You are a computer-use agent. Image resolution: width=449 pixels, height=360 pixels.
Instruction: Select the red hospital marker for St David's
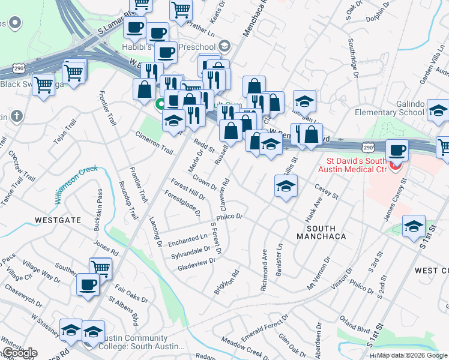point(394,166)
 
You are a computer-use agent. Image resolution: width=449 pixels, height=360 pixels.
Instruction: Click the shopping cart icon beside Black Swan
point(44,85)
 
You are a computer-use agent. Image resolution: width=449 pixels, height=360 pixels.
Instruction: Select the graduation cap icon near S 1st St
point(413,227)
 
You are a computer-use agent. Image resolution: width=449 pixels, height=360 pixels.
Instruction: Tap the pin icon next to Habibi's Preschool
point(224,46)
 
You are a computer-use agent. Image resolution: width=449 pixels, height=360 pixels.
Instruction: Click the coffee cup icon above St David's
point(396,150)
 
